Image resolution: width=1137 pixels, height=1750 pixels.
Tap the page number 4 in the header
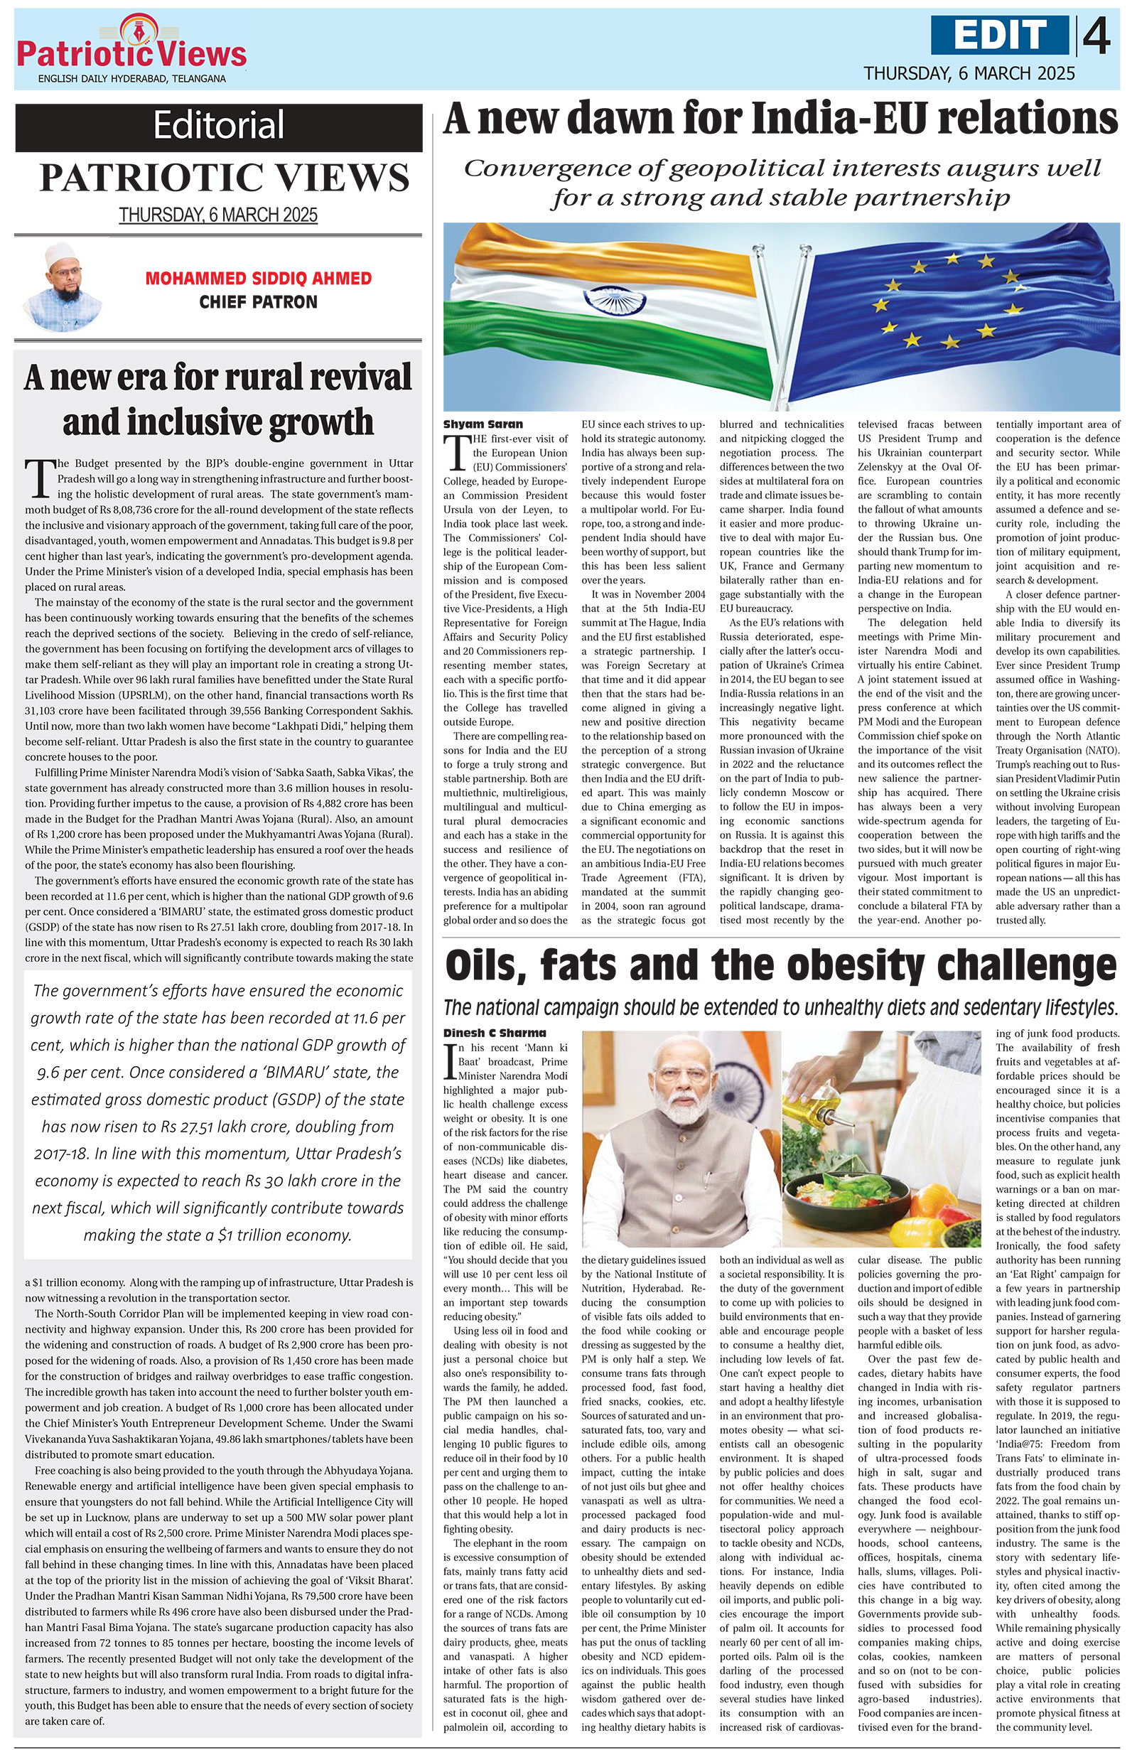1096,36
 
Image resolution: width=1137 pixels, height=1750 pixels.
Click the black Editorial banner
218,127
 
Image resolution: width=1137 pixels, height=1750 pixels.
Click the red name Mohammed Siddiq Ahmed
258,279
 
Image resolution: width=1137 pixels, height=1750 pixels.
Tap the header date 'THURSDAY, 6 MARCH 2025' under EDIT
969,73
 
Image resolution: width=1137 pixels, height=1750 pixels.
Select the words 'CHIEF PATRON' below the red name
258,302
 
